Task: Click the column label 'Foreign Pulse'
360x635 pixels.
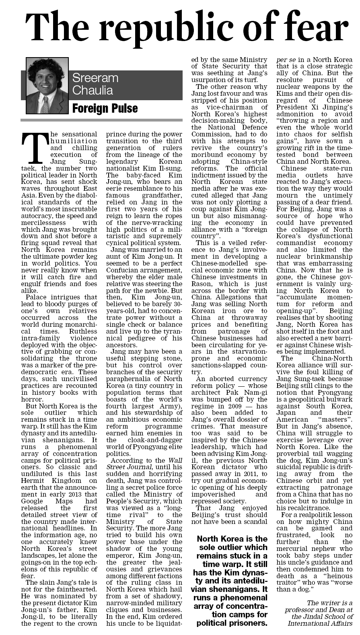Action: pyautogui.click(x=105, y=108)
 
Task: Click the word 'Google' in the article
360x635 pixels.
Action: pyautogui.click(x=34, y=501)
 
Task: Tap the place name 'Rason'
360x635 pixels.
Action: pyautogui.click(x=201, y=284)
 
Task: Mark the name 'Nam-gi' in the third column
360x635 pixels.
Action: pyautogui.click(x=254, y=392)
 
